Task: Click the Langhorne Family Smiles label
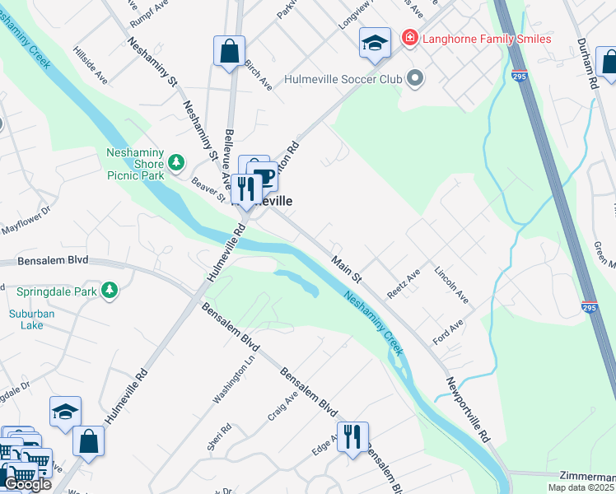tap(486, 38)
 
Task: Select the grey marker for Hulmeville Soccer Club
tap(415, 79)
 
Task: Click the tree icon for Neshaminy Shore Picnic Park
tap(175, 161)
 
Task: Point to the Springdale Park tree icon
tap(108, 291)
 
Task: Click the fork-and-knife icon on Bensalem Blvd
tap(352, 436)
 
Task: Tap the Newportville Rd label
tap(468, 410)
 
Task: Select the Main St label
tap(347, 269)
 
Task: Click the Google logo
tap(27, 484)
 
